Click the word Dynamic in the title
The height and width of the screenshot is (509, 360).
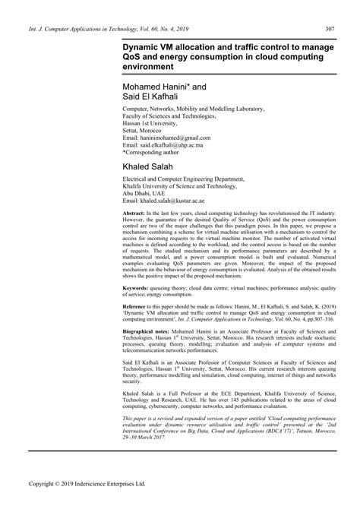coord(134,46)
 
